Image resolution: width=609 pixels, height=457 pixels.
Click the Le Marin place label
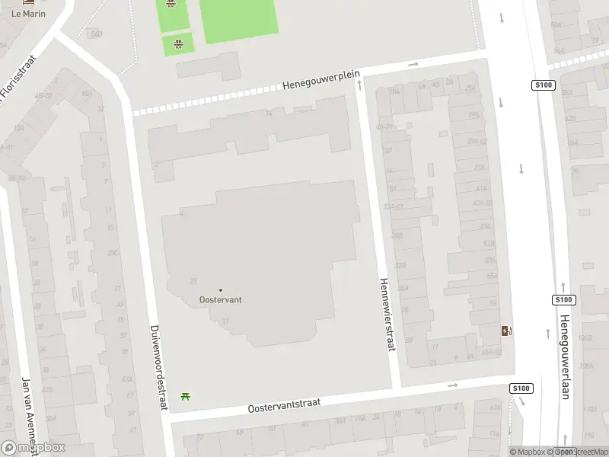pos(29,13)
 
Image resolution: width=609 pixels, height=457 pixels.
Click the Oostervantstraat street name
pos(284,404)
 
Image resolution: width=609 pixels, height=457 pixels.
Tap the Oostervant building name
pos(221,299)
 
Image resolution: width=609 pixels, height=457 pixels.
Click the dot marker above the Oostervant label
pos(221,289)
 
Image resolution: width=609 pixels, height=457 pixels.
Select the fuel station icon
pos(506,331)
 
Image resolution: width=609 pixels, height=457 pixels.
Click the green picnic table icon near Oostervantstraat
pos(185,395)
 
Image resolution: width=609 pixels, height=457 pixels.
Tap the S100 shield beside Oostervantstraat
pos(521,388)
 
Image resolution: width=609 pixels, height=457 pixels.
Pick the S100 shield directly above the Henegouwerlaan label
pos(563,300)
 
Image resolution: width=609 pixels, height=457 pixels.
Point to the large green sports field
pos(238,20)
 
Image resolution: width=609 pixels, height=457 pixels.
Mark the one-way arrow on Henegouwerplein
pos(413,65)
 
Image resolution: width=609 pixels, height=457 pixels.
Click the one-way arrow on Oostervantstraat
pos(453,385)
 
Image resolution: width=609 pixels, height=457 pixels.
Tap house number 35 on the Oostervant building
pos(193,281)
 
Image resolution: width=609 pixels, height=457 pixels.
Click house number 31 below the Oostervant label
pos(225,321)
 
